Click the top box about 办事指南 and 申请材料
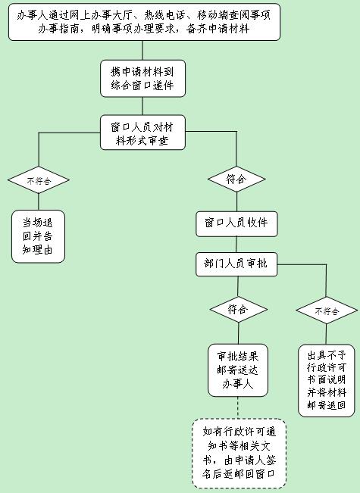click(144, 22)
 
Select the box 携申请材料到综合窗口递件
click(142, 79)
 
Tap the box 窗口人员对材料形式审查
click(142, 133)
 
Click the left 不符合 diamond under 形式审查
click(39, 180)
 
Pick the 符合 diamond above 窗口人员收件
click(236, 179)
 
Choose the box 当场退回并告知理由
click(38, 236)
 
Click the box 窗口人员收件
click(236, 224)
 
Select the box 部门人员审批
click(236, 264)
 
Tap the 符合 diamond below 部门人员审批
click(239, 310)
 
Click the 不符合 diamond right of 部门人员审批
click(327, 310)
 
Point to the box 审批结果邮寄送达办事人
click(238, 370)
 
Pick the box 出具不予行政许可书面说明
click(327, 381)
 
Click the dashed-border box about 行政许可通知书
click(239, 454)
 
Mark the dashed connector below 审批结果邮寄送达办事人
click(238, 407)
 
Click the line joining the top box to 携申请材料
click(142, 51)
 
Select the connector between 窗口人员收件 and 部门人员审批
click(236, 245)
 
